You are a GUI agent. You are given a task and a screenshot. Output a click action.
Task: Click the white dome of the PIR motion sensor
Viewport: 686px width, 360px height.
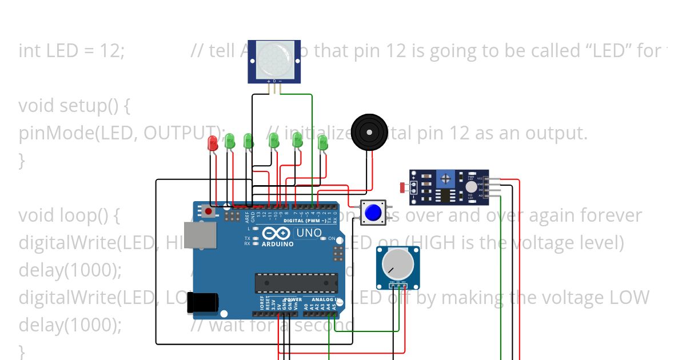(273, 59)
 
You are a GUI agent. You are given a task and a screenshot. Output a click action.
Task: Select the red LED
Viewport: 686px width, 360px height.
(213, 143)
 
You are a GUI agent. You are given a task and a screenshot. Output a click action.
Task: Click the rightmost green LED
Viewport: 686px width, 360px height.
(322, 142)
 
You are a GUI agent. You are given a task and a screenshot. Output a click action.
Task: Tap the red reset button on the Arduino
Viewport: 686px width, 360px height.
(208, 211)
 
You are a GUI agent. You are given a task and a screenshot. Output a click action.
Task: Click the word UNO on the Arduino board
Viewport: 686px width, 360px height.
(309, 233)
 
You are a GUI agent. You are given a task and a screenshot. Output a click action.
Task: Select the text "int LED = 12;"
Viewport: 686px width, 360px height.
(71, 51)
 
